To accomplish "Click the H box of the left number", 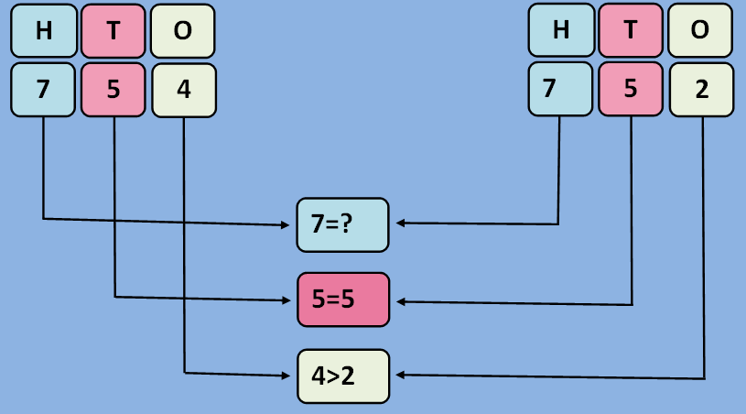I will click(x=43, y=30).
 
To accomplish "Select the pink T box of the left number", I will click(x=113, y=30).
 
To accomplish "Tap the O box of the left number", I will click(x=183, y=30).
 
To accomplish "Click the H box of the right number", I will click(x=560, y=30).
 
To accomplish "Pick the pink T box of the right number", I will click(x=631, y=30).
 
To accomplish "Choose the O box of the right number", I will click(x=701, y=30).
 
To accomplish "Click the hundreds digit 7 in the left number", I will click(x=43, y=91).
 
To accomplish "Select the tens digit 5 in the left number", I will click(x=113, y=91).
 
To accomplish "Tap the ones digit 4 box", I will click(x=183, y=91).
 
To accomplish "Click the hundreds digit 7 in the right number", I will click(x=560, y=91).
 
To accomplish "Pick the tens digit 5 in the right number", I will click(x=631, y=91).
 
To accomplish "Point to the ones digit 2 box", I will click(x=701, y=91).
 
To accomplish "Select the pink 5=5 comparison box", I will click(x=343, y=300).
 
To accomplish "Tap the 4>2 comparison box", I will click(x=343, y=376).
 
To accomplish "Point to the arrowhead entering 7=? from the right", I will click(x=398, y=223).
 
